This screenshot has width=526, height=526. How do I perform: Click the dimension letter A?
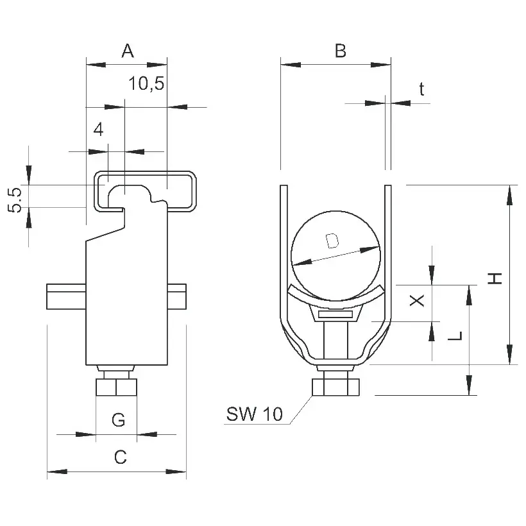(128, 51)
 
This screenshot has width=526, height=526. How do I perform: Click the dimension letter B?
(340, 51)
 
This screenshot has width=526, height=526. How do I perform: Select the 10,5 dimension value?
(147, 83)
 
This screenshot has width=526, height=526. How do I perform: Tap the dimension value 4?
(98, 129)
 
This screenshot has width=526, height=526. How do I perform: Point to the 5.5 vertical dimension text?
(15, 200)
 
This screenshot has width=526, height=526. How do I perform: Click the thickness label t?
(421, 89)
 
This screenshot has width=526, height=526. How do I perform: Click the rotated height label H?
(495, 278)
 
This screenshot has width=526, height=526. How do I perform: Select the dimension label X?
(417, 300)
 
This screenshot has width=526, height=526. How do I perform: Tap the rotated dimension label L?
(455, 335)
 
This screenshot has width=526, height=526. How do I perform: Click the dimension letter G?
(119, 420)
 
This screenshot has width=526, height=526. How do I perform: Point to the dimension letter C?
(121, 457)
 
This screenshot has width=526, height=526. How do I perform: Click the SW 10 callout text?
(254, 414)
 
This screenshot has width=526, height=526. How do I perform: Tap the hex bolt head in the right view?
(335, 387)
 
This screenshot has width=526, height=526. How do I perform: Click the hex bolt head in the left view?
(116, 387)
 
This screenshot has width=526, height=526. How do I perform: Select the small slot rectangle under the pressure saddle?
(335, 315)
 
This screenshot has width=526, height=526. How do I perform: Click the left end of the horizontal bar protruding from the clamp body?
(47, 296)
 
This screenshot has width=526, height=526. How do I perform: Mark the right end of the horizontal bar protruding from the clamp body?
(185, 296)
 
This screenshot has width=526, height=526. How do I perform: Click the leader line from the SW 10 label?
(301, 410)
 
